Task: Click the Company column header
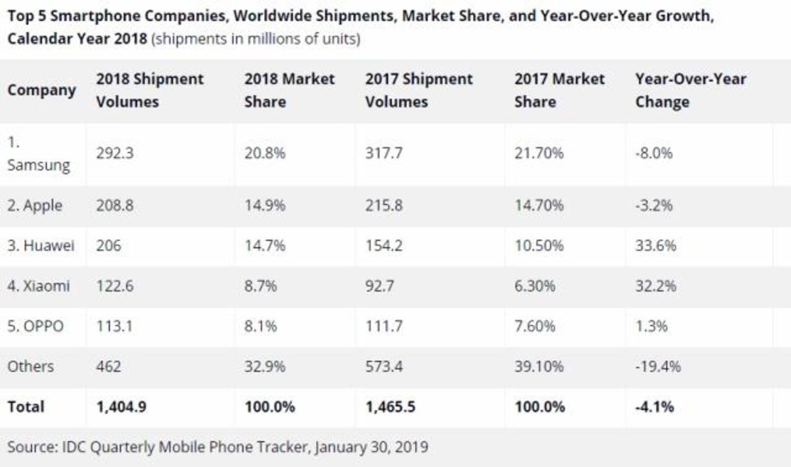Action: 41,90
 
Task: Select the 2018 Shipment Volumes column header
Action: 149,90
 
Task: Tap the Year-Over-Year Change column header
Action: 690,90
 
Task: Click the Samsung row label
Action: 38,165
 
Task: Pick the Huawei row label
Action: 41,246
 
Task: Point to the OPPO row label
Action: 35,326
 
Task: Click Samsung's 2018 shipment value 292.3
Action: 115,153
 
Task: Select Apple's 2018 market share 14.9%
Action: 265,205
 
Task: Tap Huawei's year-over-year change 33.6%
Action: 655,246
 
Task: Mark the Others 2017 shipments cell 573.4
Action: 384,366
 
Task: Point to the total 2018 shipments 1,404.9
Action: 121,407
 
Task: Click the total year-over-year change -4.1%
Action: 655,407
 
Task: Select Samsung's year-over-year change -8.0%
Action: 654,153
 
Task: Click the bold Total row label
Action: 25,407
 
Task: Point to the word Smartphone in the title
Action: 98,16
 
